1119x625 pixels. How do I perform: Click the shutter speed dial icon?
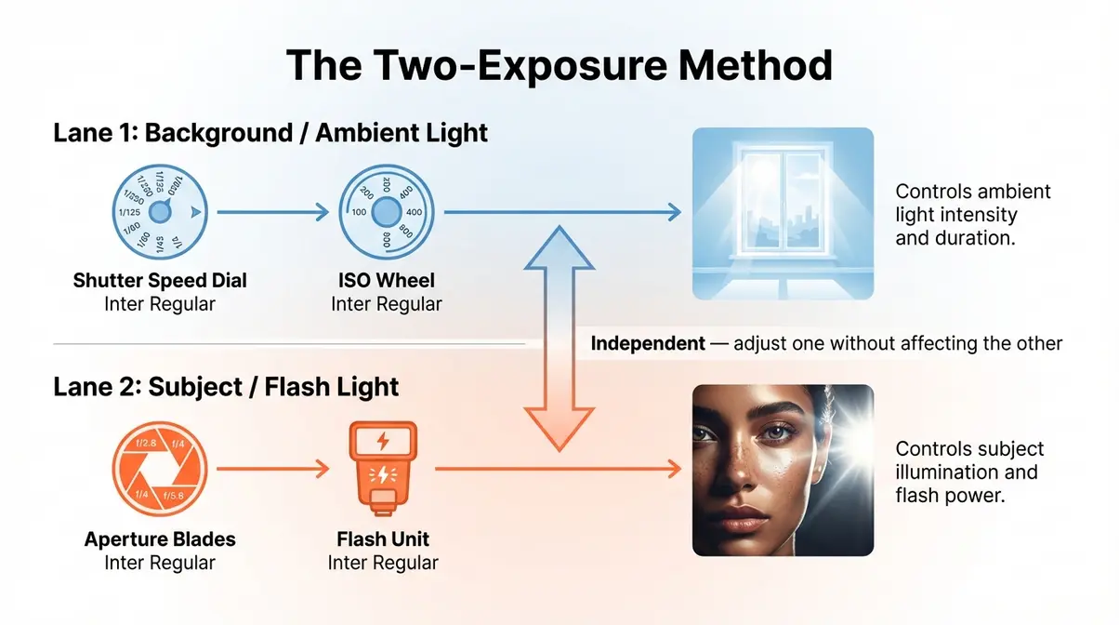coord(159,213)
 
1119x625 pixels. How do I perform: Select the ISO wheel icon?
coord(386,213)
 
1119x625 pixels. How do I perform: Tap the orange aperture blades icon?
coord(159,472)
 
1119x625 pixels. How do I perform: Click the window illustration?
coord(783,214)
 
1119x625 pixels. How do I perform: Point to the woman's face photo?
coord(783,470)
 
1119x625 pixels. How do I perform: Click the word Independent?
coord(648,343)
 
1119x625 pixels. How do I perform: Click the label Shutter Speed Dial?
coord(160,280)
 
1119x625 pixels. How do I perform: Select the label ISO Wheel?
coord(386,280)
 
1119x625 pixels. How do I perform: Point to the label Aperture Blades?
coord(160,539)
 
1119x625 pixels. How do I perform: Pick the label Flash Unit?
coord(383,539)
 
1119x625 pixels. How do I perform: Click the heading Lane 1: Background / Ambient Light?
coord(270,132)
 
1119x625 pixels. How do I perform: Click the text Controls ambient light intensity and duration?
coord(972,214)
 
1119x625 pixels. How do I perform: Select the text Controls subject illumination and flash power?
coord(969,472)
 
